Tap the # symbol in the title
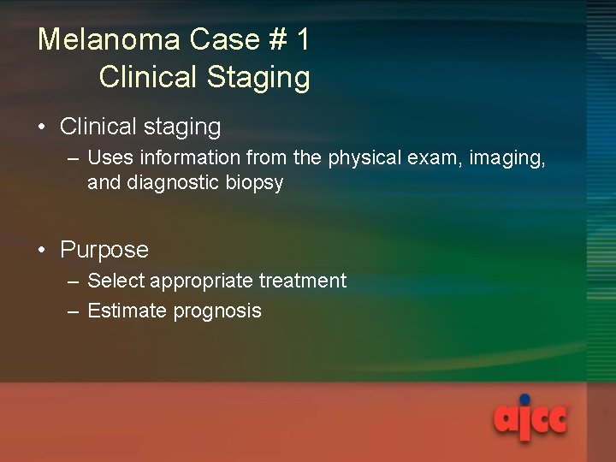[x=267, y=39]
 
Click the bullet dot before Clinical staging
[x=42, y=128]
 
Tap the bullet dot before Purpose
[x=42, y=251]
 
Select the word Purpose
[x=104, y=250]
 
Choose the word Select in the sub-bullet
[x=115, y=281]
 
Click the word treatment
[x=303, y=281]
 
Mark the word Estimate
[x=127, y=311]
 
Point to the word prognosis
[x=217, y=311]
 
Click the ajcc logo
[x=530, y=419]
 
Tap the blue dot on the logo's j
[x=524, y=399]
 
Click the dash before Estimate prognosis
[x=74, y=311]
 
